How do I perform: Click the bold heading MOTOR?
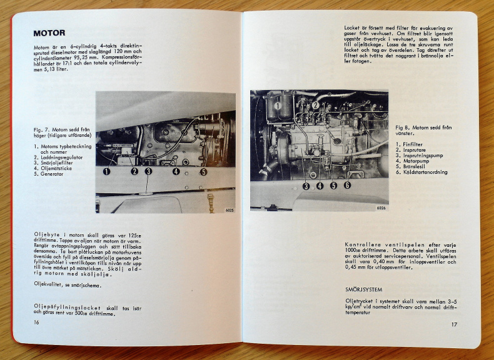[49, 33]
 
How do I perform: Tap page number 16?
[37, 321]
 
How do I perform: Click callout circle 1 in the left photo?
[107, 171]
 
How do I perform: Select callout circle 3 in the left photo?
[148, 171]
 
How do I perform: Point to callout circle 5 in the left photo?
[203, 171]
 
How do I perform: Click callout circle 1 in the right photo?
[276, 106]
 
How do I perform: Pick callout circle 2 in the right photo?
[315, 105]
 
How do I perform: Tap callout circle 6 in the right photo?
[347, 185]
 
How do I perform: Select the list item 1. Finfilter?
[410, 144]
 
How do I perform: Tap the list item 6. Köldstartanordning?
[421, 172]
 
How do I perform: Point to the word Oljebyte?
[46, 234]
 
